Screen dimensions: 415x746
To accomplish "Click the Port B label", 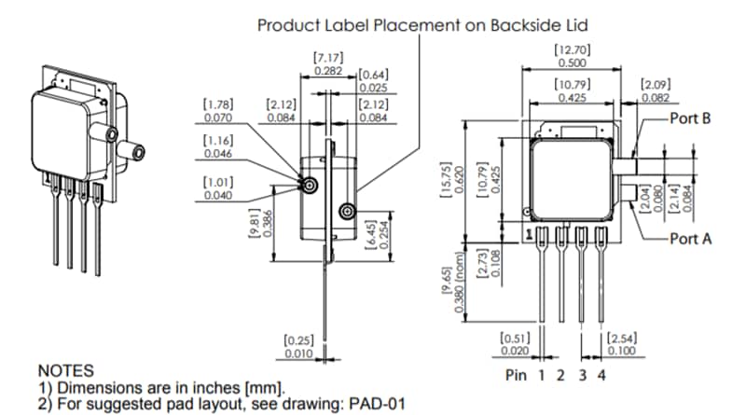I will [690, 119].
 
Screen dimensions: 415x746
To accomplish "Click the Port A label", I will [690, 239].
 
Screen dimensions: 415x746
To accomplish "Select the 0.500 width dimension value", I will [572, 62].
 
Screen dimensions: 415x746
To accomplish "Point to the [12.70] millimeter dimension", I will [572, 48].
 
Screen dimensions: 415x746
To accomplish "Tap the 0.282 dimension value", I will [326, 70].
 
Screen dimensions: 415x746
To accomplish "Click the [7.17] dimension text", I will [326, 57].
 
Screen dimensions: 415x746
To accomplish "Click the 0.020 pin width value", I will [516, 351].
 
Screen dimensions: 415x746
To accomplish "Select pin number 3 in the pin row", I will [581, 376].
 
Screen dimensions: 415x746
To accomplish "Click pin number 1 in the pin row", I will [540, 376].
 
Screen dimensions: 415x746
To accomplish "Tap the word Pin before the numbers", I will [516, 376].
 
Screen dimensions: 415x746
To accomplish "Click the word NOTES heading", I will [66, 370].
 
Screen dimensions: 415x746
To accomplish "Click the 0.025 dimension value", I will [373, 87].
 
